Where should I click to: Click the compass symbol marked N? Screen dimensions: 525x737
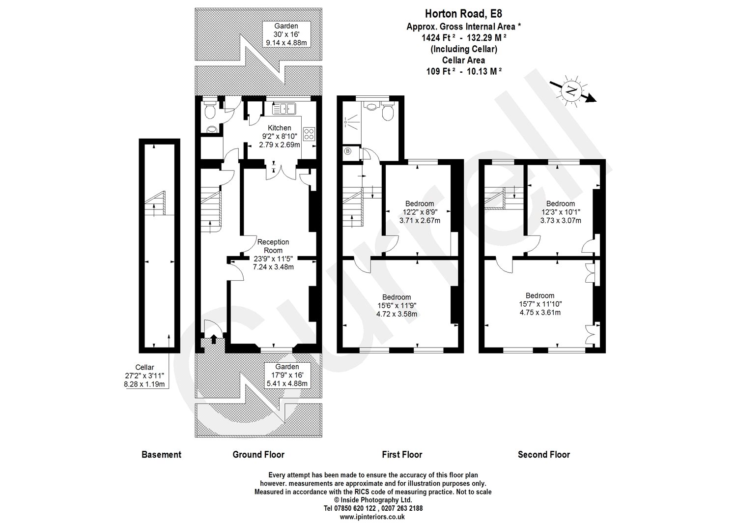click(x=571, y=91)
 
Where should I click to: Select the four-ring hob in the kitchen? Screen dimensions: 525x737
click(x=309, y=134)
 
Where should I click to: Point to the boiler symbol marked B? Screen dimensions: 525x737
click(x=348, y=151)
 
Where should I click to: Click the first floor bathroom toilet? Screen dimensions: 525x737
click(x=387, y=113)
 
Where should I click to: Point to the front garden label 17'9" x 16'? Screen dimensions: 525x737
click(x=287, y=375)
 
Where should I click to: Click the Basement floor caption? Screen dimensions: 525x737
click(x=161, y=455)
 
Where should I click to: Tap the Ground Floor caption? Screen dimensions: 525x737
click(x=258, y=455)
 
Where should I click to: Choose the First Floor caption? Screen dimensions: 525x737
click(x=402, y=455)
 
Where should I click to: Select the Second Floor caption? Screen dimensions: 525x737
click(x=544, y=455)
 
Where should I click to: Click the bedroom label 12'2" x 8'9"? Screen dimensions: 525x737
click(x=420, y=212)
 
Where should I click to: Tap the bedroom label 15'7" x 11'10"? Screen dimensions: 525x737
click(x=540, y=304)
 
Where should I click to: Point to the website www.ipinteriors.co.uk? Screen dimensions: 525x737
click(x=372, y=517)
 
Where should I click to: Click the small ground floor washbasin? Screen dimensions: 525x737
click(x=212, y=129)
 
